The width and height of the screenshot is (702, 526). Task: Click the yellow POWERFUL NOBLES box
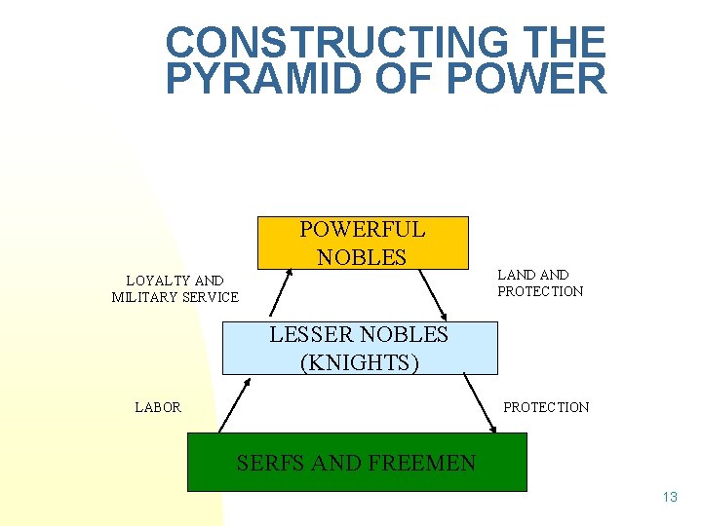coord(362,243)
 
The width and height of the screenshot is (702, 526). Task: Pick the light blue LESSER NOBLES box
coord(360,349)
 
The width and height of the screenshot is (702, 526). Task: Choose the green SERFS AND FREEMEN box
coord(357,462)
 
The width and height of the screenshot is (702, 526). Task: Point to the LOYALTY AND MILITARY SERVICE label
coord(175,288)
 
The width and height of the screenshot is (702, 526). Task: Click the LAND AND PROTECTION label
coord(540,282)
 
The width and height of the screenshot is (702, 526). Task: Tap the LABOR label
coord(158,407)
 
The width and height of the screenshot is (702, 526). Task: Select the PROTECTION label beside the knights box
coord(546,407)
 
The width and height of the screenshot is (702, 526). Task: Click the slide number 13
coord(669,497)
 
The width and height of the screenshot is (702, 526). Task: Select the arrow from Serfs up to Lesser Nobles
coord(234,405)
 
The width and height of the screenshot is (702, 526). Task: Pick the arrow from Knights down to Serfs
coord(479,404)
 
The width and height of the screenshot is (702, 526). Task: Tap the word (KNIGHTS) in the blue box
coord(360,362)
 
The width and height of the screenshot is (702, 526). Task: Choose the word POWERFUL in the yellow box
coord(362,230)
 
